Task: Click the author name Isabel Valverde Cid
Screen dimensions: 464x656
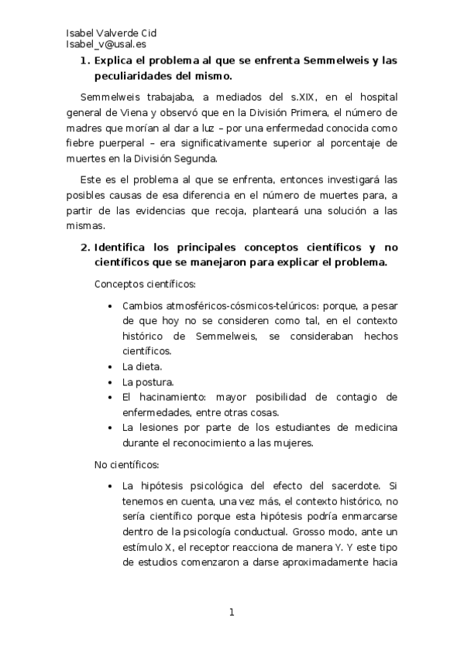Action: coord(112,32)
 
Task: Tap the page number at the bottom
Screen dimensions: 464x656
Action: coord(231,613)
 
